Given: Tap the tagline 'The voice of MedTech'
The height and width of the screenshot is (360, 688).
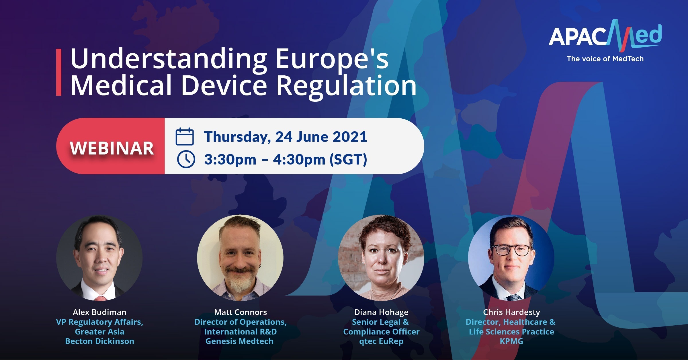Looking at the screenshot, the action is (x=605, y=59).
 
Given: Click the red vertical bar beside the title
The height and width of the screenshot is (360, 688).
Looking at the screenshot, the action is (x=59, y=72).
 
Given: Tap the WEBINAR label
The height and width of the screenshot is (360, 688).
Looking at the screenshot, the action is (x=112, y=148).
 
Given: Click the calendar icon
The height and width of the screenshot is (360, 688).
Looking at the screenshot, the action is (x=185, y=136).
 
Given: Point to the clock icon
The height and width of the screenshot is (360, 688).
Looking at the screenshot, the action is (x=186, y=159).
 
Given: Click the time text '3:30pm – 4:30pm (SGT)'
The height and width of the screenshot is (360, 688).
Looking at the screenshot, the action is (x=286, y=160).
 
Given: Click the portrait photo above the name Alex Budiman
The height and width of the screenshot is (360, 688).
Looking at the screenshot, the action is (x=99, y=258).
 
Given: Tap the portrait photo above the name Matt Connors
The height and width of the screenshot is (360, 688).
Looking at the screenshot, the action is (x=240, y=258).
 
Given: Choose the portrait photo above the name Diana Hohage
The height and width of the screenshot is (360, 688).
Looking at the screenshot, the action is (x=381, y=258).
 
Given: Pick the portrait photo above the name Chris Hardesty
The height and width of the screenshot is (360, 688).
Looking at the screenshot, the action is (x=511, y=258).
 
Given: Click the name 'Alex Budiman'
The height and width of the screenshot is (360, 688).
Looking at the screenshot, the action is (x=99, y=312).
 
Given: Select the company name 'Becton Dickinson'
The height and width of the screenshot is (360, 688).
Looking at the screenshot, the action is (x=99, y=341).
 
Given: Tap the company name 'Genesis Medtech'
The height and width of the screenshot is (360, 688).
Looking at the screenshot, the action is (x=239, y=341).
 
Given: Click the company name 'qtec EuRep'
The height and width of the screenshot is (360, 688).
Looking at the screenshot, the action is (x=381, y=341).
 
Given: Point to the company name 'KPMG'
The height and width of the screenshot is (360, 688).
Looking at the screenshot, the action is (x=511, y=341).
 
